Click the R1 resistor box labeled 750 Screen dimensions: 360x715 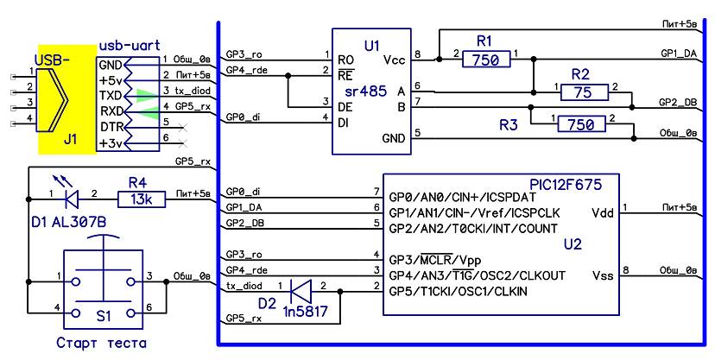(x=488, y=59)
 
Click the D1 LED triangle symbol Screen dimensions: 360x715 (x=72, y=199)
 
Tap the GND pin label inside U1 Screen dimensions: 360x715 (x=393, y=138)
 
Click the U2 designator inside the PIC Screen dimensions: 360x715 (x=572, y=244)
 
